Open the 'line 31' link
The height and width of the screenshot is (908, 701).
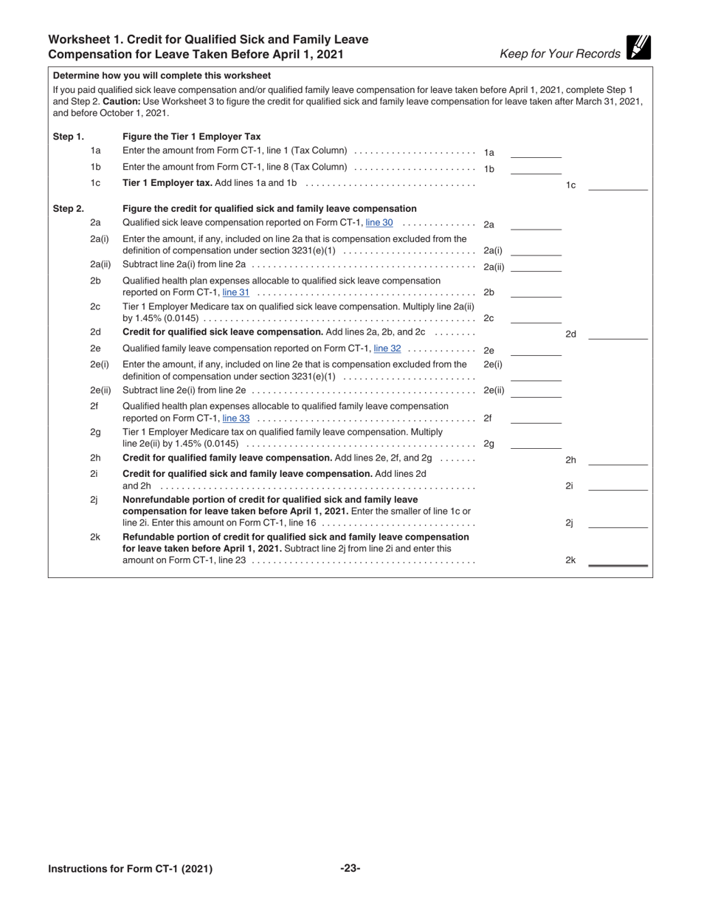(235, 292)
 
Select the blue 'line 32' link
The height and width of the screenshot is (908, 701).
(387, 348)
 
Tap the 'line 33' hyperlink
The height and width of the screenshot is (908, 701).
(235, 418)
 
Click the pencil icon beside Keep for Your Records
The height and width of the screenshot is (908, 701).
(638, 48)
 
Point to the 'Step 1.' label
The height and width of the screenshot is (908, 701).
(69, 137)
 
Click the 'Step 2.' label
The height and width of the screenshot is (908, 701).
(69, 209)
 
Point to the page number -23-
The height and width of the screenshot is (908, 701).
(350, 869)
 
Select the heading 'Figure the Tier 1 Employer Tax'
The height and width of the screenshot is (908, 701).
(191, 137)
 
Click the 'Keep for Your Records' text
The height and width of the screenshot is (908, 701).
(560, 54)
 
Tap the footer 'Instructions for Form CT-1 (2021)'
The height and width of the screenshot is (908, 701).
(130, 869)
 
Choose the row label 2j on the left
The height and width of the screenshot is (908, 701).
(94, 500)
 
